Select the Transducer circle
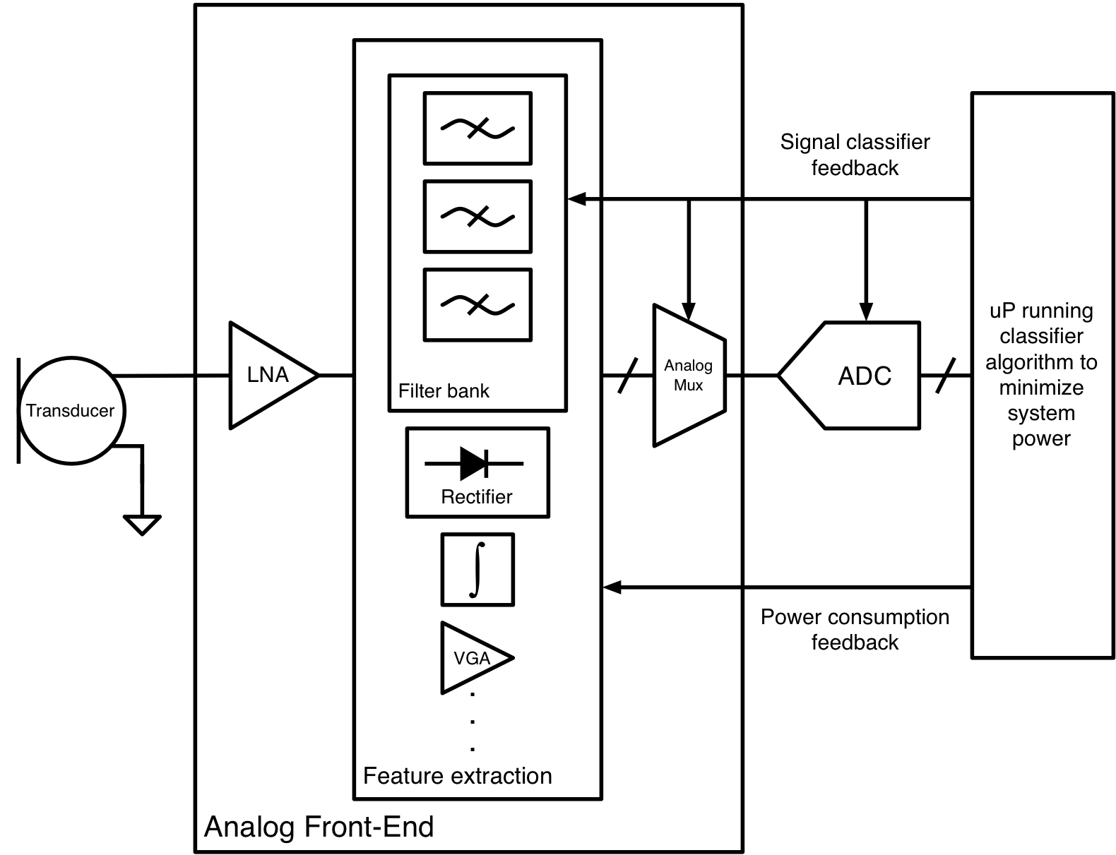point(71,411)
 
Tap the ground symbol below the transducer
point(142,524)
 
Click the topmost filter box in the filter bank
point(477,128)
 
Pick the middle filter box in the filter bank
point(477,216)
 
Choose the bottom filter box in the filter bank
point(477,304)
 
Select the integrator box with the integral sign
point(477,569)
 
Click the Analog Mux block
point(688,376)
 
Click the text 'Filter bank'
point(444,391)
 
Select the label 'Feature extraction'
point(457,776)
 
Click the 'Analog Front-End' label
point(319,827)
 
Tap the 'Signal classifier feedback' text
point(855,155)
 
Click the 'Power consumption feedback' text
point(855,629)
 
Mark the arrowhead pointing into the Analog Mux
point(689,311)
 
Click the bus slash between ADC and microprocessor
point(945,376)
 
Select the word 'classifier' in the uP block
point(1041,336)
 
